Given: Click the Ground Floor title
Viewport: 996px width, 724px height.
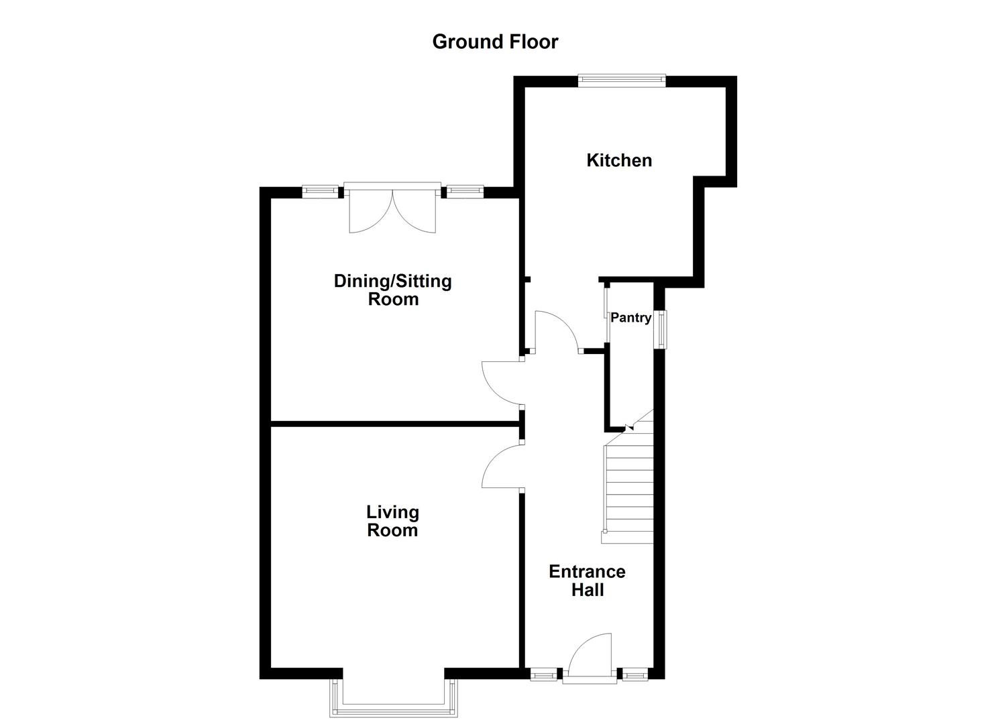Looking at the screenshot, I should (x=495, y=42).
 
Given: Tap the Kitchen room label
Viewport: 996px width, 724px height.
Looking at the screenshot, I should (x=618, y=160).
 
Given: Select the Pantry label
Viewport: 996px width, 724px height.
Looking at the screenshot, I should (x=630, y=318).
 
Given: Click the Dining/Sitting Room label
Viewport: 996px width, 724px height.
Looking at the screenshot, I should (x=393, y=290).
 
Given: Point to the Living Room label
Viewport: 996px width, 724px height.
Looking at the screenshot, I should (x=392, y=521).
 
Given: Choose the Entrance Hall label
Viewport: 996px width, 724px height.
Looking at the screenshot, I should (x=587, y=581).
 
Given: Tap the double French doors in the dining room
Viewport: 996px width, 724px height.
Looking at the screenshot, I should (x=392, y=209).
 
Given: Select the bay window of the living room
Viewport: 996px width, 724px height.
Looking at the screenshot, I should (x=392, y=697).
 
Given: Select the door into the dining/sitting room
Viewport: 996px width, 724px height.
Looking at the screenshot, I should (x=502, y=382).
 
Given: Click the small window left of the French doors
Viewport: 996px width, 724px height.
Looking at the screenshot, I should (x=320, y=192).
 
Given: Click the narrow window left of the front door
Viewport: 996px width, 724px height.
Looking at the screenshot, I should (x=543, y=674).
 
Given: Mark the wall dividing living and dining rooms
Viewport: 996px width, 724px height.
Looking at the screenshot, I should (x=396, y=423).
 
